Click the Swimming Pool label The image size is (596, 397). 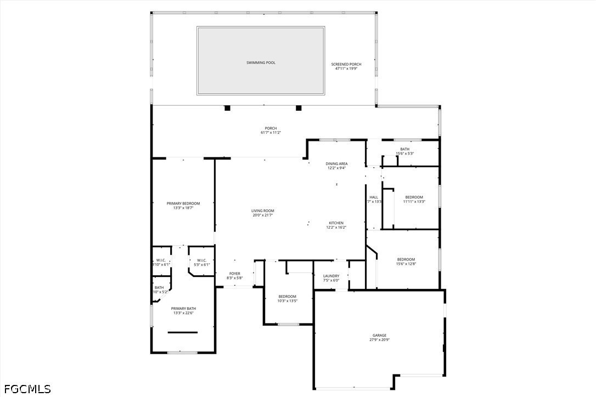coord(261,63)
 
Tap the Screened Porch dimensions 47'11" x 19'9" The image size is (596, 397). coord(346,69)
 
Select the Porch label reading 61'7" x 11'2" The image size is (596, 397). coord(271,131)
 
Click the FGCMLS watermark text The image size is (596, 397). coord(26,389)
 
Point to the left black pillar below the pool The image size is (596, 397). coord(227,108)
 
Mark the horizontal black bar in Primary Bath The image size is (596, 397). coord(183,332)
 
